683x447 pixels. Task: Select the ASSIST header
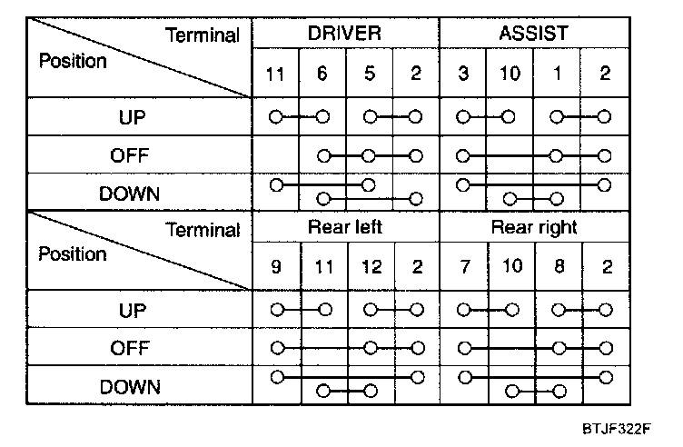(x=534, y=34)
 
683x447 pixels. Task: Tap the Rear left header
(x=346, y=227)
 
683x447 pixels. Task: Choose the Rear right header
(x=534, y=227)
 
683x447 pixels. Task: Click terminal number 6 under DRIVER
(x=322, y=74)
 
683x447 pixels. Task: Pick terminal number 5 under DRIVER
(x=369, y=74)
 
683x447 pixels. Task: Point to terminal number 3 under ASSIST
(x=463, y=74)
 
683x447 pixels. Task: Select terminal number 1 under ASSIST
(x=558, y=74)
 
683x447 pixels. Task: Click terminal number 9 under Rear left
(x=275, y=267)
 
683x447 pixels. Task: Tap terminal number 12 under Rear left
(x=369, y=267)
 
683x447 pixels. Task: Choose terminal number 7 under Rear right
(x=463, y=267)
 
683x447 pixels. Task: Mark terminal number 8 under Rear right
(x=558, y=267)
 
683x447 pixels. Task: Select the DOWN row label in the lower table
(x=130, y=387)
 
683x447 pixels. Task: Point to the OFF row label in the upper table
(x=130, y=155)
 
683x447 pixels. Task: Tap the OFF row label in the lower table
(x=130, y=349)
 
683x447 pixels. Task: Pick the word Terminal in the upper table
(x=203, y=36)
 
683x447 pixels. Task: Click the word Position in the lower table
(x=73, y=253)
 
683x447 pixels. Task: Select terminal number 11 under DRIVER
(x=275, y=74)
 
